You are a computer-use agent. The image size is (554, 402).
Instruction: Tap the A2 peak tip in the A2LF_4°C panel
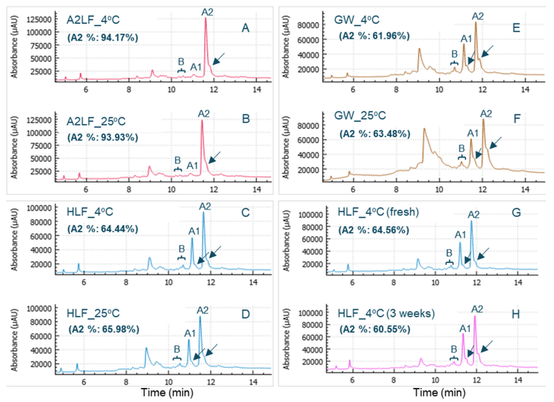(x=206, y=19)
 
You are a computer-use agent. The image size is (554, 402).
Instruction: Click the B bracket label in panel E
(x=454, y=54)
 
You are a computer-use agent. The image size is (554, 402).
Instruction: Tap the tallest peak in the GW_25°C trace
(x=484, y=119)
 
